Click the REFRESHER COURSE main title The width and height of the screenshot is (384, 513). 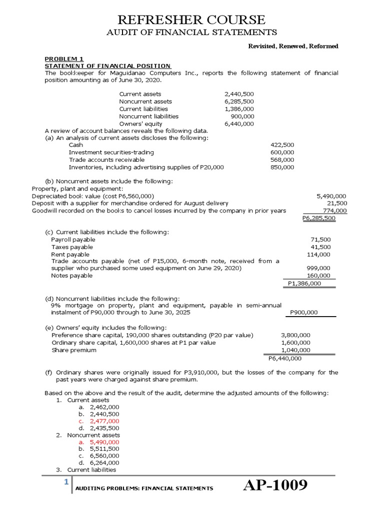coord(191,20)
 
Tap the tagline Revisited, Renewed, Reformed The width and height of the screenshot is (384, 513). coord(293,46)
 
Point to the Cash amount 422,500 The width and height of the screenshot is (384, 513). coord(282,145)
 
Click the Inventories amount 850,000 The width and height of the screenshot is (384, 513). coord(282,167)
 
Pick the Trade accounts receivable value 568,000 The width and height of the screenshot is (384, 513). coord(282,160)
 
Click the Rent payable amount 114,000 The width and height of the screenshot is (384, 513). coord(318,254)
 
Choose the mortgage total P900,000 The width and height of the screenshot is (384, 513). coord(303,313)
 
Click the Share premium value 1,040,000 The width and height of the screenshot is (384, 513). coord(296,350)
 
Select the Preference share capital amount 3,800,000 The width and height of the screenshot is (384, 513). coord(296,335)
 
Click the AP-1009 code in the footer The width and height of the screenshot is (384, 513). coord(274,486)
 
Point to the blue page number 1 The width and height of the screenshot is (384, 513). coord(65,482)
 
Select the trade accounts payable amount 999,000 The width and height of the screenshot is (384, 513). coord(318,268)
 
